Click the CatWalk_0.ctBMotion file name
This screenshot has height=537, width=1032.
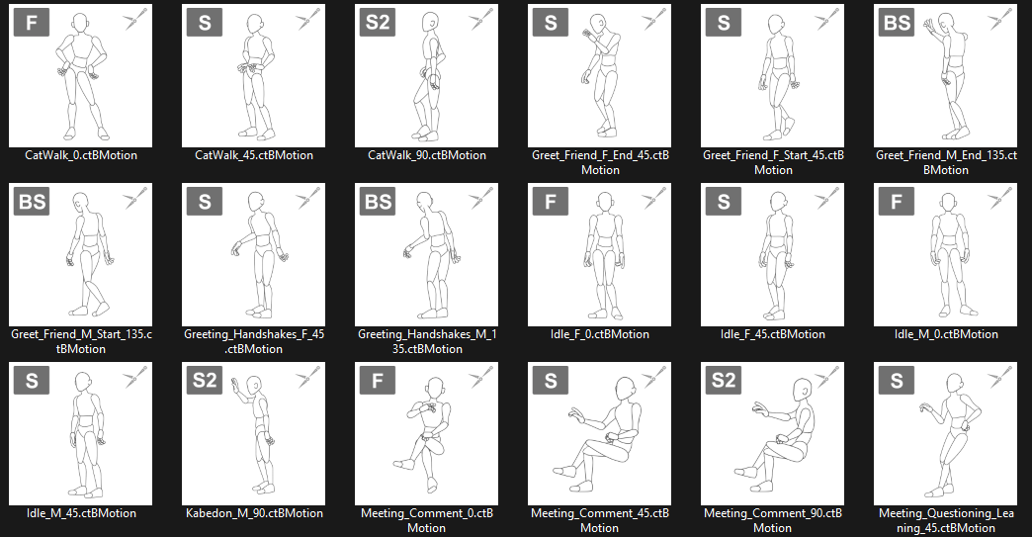81,155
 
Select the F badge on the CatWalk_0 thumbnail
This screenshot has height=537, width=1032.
31,23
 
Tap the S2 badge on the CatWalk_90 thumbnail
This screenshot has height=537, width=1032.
378,23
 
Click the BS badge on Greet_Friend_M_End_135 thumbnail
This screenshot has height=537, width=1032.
897,23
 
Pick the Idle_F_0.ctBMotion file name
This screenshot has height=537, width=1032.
600,334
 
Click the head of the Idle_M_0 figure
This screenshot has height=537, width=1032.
948,202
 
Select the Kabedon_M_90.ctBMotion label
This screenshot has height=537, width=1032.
254,513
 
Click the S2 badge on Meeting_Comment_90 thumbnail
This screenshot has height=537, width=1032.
724,381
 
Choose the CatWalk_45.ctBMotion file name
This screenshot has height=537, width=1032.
254,155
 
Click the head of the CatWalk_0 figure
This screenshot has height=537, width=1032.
80,25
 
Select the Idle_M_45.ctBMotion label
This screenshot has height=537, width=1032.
81,513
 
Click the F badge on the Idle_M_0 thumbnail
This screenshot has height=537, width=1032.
897,202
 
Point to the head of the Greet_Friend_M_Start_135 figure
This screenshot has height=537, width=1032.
80,203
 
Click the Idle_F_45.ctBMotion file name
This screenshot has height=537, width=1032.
773,334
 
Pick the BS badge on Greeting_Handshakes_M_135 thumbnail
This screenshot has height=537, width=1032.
378,202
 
